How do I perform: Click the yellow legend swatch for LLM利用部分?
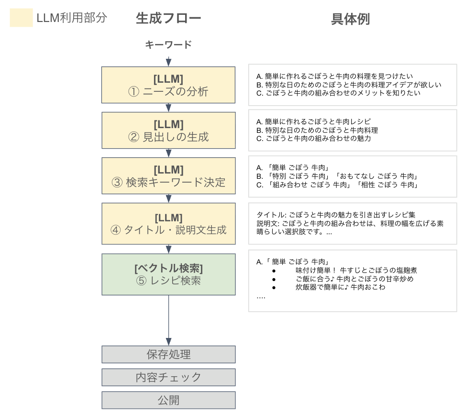click(x=22, y=18)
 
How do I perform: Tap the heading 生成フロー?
click(x=168, y=18)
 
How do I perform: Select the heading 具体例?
click(x=351, y=19)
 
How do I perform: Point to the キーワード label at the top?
click(x=168, y=45)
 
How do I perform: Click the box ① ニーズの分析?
click(x=168, y=85)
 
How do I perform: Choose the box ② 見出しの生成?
click(x=168, y=130)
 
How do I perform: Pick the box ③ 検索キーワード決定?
click(x=168, y=176)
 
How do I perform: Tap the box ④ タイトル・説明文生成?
click(x=168, y=224)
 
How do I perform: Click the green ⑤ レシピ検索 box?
click(x=168, y=274)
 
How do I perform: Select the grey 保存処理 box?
click(x=168, y=354)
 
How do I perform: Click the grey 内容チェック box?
click(x=168, y=378)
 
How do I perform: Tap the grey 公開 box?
click(x=168, y=400)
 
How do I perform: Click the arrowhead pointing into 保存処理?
click(x=168, y=342)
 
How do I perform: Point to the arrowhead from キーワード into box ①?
click(x=168, y=63)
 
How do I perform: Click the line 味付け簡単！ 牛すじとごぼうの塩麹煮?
click(x=356, y=270)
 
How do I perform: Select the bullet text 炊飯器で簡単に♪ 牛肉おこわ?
click(x=340, y=287)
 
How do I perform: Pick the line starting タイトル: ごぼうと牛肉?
click(x=336, y=215)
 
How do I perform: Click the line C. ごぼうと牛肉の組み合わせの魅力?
click(x=313, y=139)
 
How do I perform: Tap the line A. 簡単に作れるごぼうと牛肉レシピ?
click(x=313, y=121)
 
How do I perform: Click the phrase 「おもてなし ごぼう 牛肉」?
click(x=376, y=176)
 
